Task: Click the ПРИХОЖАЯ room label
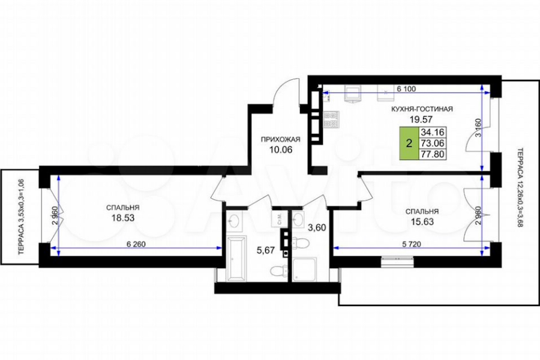coord(280,140)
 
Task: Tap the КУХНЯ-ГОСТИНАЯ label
coord(422,109)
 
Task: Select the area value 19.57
coord(421,119)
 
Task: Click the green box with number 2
coord(409,143)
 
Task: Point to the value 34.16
coord(432,132)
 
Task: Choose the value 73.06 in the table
coord(432,143)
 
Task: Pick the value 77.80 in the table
coord(432,154)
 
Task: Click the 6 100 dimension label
coord(406,89)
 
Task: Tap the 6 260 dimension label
coord(136,244)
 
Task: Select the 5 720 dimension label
coord(412,244)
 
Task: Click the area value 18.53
coord(122,218)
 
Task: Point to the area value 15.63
coord(422,222)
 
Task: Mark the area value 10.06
coord(280,149)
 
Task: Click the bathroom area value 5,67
coord(266,250)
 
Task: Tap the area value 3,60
coord(316,228)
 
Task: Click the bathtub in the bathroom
coord(236,258)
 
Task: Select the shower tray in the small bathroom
coord(304,269)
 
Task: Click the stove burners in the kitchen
coord(331,119)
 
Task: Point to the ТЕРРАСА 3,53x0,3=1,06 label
coord(22,217)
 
